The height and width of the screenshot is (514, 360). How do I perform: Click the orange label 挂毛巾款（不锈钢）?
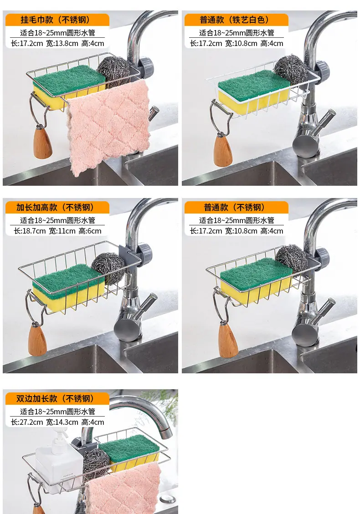coord(57,20)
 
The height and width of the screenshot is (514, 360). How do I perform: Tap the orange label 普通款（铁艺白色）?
coord(237,20)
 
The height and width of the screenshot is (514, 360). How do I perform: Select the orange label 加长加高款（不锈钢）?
coord(57,207)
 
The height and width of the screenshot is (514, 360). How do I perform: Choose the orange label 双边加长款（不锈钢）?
coord(57,398)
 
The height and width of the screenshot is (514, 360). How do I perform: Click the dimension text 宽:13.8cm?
coord(62,43)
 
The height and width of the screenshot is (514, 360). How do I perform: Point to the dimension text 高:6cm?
coord(90,231)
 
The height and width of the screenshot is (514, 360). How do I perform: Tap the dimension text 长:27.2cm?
coord(26,422)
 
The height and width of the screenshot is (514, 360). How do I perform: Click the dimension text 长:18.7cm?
coord(30,231)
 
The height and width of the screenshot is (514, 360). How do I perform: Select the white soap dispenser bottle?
coord(58,462)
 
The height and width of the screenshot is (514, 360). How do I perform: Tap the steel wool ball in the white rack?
coord(287,69)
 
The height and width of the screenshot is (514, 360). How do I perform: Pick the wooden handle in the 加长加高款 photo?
coord(37,339)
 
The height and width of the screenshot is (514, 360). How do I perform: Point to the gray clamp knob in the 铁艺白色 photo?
coord(322,70)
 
